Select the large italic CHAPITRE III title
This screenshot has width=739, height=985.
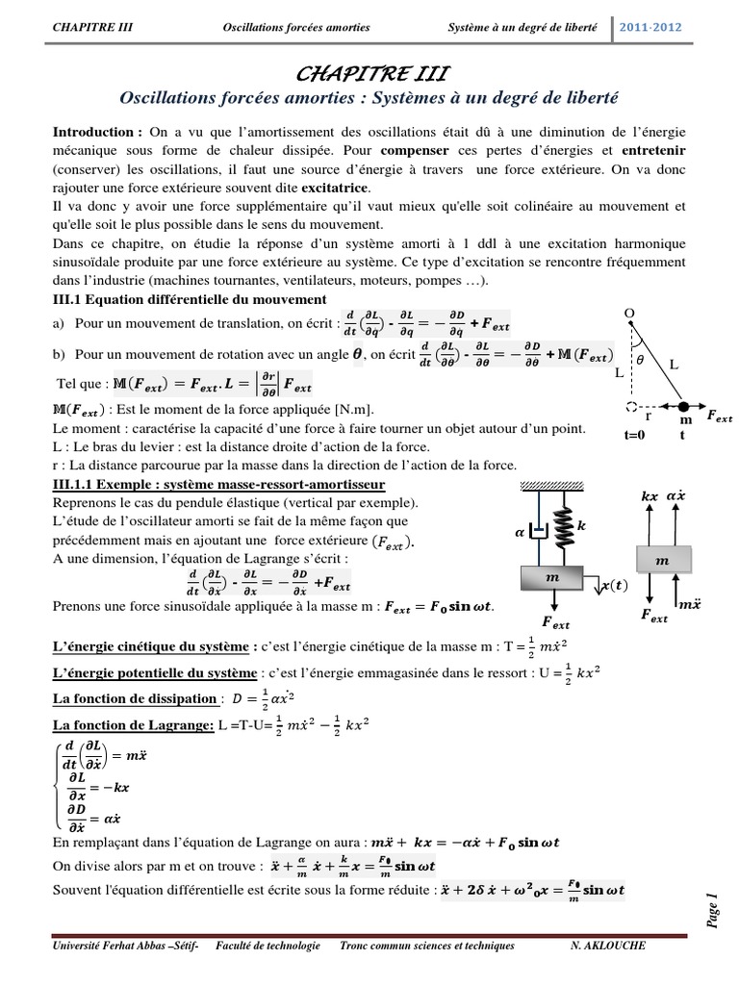point(369,75)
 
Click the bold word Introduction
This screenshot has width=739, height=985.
point(97,131)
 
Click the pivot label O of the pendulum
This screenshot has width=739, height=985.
point(630,314)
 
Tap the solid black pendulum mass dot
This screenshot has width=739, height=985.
point(685,405)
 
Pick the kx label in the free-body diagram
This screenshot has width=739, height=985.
point(650,495)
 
